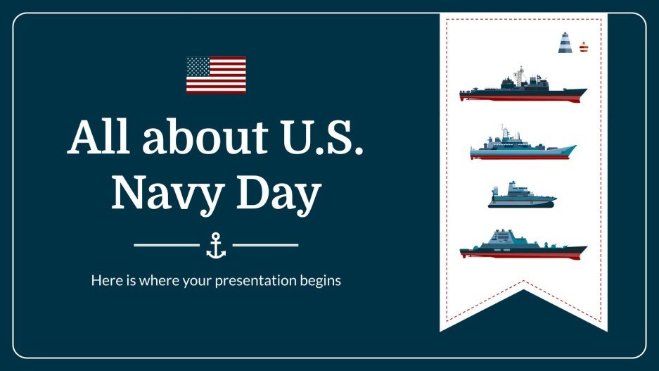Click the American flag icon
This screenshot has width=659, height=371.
point(216,75)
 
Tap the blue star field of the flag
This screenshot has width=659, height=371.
point(198,67)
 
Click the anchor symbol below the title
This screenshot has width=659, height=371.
point(216,245)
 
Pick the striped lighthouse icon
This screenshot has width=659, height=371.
point(565,43)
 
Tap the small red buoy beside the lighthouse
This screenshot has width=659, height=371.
point(582,47)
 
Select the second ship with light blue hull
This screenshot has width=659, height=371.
point(523,146)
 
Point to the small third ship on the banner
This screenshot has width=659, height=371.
point(521,196)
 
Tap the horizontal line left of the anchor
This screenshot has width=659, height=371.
point(166,245)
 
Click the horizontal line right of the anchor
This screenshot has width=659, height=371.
point(265,245)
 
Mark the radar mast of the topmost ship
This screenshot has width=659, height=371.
point(520,74)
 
